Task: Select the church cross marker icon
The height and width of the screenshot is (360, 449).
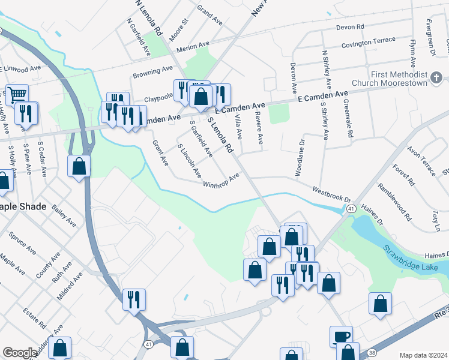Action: pyautogui.click(x=436, y=78)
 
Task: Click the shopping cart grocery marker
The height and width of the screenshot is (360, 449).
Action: pyautogui.click(x=17, y=94)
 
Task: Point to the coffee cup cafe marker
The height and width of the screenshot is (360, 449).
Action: pyautogui.click(x=342, y=336)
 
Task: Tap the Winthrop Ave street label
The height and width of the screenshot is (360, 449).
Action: pyautogui.click(x=221, y=180)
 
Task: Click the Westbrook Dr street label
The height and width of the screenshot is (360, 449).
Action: pyautogui.click(x=331, y=193)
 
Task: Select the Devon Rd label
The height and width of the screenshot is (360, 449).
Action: pyautogui.click(x=351, y=27)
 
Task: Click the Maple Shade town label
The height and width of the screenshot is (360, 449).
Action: pyautogui.click(x=23, y=206)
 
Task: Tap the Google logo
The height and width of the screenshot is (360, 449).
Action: pyautogui.click(x=20, y=353)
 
